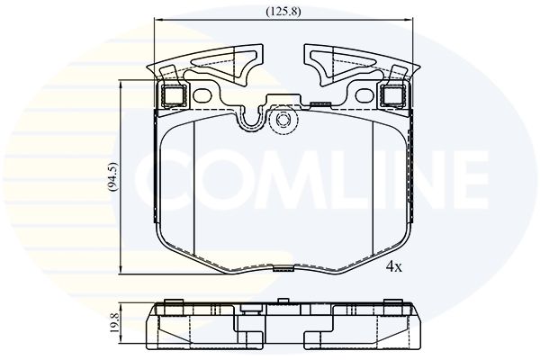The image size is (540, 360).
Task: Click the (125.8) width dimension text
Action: pyautogui.click(x=283, y=12)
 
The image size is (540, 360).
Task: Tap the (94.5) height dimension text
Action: pyautogui.click(x=112, y=176)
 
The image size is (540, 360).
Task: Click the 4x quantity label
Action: pyautogui.click(x=394, y=266)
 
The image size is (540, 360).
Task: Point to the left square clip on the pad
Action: pyautogui.click(x=173, y=94)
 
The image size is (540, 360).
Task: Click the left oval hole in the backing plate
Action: pyautogui.click(x=202, y=95)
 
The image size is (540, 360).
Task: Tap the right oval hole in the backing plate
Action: pyautogui.click(x=364, y=95)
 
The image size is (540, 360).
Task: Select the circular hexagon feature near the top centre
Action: pyautogui.click(x=282, y=121)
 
